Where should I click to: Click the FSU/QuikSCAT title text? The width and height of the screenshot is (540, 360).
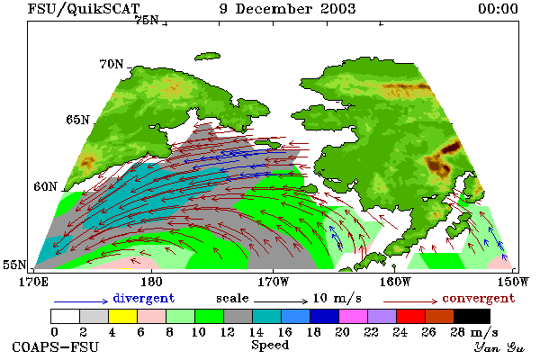coord(84,9)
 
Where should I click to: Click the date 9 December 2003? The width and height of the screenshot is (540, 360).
coord(288,9)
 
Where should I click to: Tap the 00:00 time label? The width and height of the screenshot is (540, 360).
coord(498,9)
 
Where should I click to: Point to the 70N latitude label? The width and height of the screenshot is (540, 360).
coord(112,64)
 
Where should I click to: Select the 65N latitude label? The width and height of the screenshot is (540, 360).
coord(77,120)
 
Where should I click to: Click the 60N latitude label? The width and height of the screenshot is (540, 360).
coord(45,186)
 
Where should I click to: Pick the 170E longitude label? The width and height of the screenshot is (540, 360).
coord(33,282)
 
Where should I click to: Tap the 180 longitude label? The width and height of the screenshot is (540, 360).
coord(151,282)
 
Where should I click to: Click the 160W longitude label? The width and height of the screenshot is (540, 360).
coord(395,282)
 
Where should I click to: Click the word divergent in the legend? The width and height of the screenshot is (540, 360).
coord(144,298)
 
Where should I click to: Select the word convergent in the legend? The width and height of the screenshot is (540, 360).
coord(479,298)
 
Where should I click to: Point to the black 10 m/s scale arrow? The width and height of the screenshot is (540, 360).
coord(281,301)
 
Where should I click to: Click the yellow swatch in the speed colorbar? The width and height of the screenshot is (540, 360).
coord(122,316)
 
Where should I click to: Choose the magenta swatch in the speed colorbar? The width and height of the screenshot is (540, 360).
coord(353,316)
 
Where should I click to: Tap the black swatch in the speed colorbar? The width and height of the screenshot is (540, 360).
coord(472,316)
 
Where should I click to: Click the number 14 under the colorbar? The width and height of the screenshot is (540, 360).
coord(256,332)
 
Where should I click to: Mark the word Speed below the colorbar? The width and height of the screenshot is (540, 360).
coord(270,345)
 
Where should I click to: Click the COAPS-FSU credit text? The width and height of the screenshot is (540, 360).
coord(56,346)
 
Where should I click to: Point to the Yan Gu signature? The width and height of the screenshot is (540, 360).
coord(499,347)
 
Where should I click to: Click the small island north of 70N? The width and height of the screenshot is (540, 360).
coord(207,56)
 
